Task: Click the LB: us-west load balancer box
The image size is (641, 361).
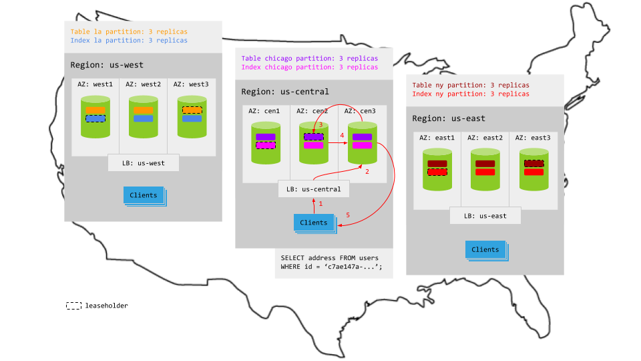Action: (144, 162)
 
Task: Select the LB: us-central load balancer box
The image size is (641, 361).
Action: (313, 189)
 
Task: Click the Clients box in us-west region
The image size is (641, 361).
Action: (144, 195)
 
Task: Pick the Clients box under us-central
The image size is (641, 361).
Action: (313, 223)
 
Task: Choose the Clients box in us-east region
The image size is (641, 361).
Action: (485, 249)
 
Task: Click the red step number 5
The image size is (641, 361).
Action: (347, 215)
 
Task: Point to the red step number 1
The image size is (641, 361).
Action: (320, 203)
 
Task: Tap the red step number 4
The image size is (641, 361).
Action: (342, 136)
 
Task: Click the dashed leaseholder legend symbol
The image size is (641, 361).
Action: (73, 306)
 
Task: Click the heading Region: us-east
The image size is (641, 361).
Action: (448, 118)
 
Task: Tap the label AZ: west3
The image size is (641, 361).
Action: (190, 84)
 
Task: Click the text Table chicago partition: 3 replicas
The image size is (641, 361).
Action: (309, 58)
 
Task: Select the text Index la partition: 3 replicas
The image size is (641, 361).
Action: (129, 41)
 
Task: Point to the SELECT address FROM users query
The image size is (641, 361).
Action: (333, 262)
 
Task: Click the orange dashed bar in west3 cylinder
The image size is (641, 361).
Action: (191, 110)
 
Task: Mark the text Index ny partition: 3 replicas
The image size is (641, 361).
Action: (471, 94)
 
